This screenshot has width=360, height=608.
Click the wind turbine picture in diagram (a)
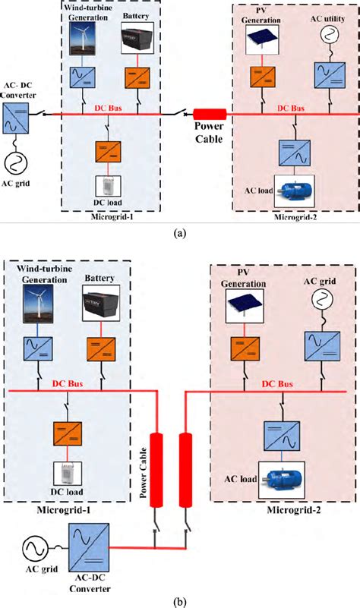[81, 39]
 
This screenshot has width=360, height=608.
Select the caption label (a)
[179, 233]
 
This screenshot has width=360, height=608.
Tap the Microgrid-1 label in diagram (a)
[113, 219]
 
